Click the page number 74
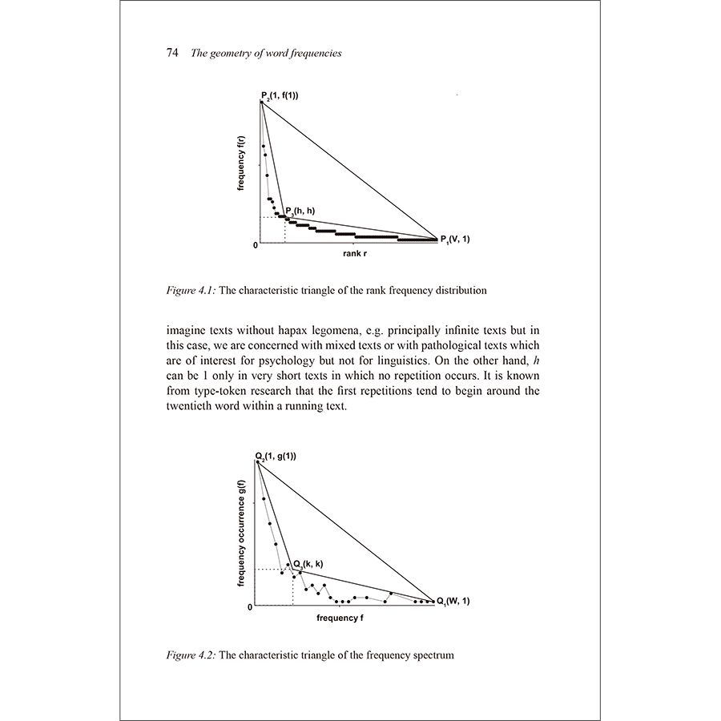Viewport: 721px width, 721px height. point(171,54)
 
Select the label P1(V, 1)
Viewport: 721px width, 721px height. point(455,239)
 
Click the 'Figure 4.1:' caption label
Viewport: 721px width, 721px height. point(191,290)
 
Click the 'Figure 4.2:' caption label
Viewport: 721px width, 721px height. point(191,655)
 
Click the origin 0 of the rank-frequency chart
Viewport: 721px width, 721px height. point(256,244)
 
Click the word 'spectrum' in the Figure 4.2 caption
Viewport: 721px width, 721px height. point(433,655)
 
